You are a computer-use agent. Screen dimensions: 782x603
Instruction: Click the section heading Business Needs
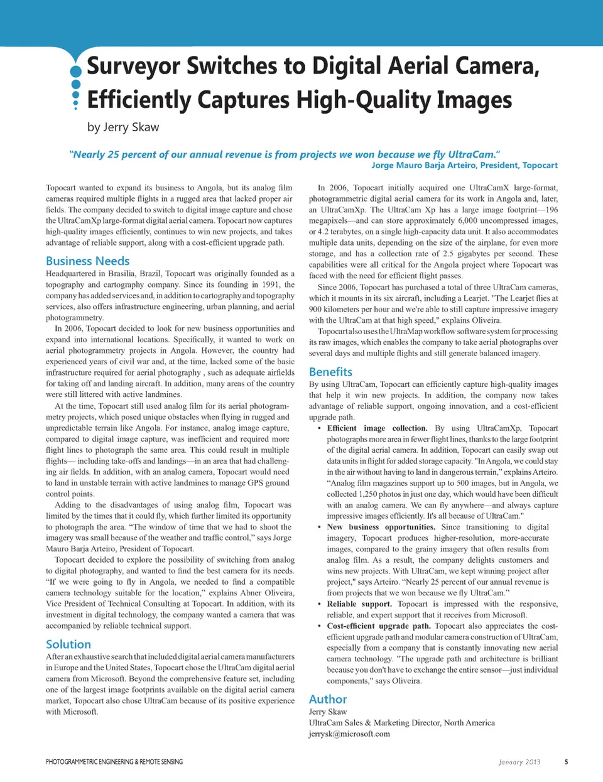87,261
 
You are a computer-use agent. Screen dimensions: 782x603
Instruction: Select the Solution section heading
68,644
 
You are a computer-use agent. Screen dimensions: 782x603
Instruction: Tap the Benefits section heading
330,371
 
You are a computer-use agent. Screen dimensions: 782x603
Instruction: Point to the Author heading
327,699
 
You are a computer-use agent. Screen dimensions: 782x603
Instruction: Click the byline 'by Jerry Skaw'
123,127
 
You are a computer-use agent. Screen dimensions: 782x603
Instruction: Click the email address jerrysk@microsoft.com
349,734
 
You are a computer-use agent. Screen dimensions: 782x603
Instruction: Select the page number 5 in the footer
566,762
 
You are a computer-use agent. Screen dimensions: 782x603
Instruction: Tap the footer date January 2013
519,762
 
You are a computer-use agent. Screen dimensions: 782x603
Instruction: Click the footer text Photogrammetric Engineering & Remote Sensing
114,762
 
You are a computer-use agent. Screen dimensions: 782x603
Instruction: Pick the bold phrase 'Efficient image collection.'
368,428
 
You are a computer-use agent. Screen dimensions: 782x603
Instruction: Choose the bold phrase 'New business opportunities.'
381,527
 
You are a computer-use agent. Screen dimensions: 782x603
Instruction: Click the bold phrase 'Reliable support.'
359,604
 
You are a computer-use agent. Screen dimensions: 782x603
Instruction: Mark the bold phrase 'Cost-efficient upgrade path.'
379,626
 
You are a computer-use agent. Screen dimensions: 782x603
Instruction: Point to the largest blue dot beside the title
76,71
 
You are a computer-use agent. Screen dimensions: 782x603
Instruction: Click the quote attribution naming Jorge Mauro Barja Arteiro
464,165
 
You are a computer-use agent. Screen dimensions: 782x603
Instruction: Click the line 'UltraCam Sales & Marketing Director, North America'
401,723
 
